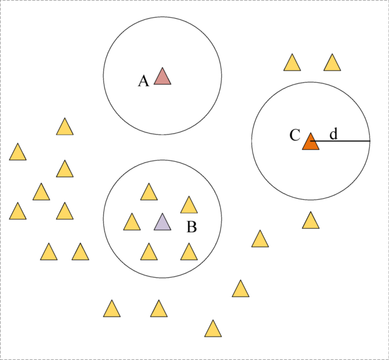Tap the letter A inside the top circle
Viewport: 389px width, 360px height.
coord(144,81)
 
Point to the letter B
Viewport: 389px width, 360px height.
coord(191,227)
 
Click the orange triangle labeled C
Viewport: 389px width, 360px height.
coord(311,143)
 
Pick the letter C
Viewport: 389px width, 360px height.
coord(295,135)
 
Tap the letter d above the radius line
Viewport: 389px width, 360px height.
coord(333,134)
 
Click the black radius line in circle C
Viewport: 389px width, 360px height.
coord(341,141)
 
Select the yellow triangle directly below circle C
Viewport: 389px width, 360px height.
coord(311,221)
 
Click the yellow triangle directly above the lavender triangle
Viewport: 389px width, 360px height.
coord(149,193)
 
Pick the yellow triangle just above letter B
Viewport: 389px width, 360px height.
coord(189,206)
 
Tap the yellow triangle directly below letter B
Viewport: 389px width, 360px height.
coord(189,253)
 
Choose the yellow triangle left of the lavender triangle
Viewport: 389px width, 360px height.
coord(132,223)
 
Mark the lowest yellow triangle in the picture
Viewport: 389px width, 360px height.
coord(213,329)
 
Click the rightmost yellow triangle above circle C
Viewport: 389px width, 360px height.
coord(332,64)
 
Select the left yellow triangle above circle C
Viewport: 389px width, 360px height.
coord(292,64)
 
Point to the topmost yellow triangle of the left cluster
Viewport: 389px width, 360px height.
coord(65,127)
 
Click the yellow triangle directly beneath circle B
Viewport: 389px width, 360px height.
coord(159,309)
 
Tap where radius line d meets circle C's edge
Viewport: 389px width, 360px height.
coord(370,141)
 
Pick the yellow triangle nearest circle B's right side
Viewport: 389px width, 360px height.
coord(260,240)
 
